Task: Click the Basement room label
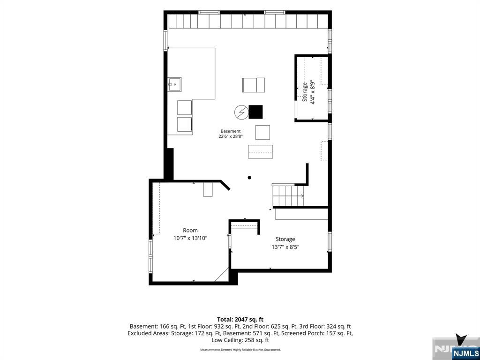(x=231, y=131)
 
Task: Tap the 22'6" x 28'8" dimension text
(x=231, y=137)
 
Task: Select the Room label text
(x=190, y=230)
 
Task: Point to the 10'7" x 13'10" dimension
(x=190, y=238)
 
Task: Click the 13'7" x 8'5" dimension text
(x=285, y=247)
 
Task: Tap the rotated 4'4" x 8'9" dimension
(x=312, y=92)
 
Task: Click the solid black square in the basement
(x=255, y=112)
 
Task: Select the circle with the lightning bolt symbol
(x=241, y=112)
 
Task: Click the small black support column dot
(x=249, y=178)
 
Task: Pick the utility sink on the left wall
(x=174, y=84)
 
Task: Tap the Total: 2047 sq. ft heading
(x=240, y=320)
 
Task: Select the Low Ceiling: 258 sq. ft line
(x=240, y=340)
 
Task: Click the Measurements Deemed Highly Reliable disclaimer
(x=240, y=350)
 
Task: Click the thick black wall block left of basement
(x=169, y=164)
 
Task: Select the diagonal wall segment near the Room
(x=225, y=185)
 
